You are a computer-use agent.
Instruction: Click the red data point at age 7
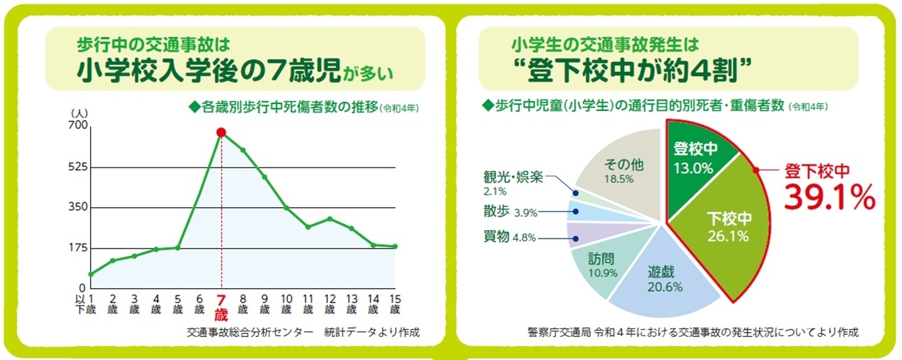point(221,132)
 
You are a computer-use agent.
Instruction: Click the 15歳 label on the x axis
point(395,304)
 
